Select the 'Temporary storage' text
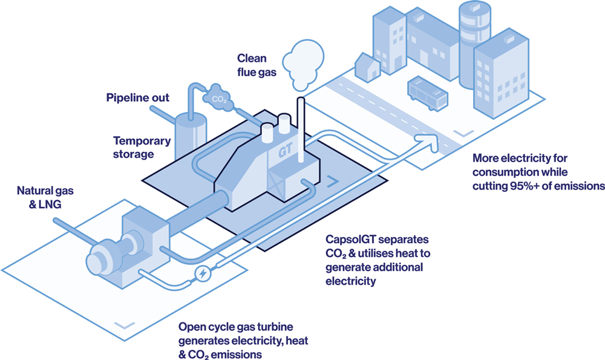point(134,147)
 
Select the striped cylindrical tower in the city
point(475,42)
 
